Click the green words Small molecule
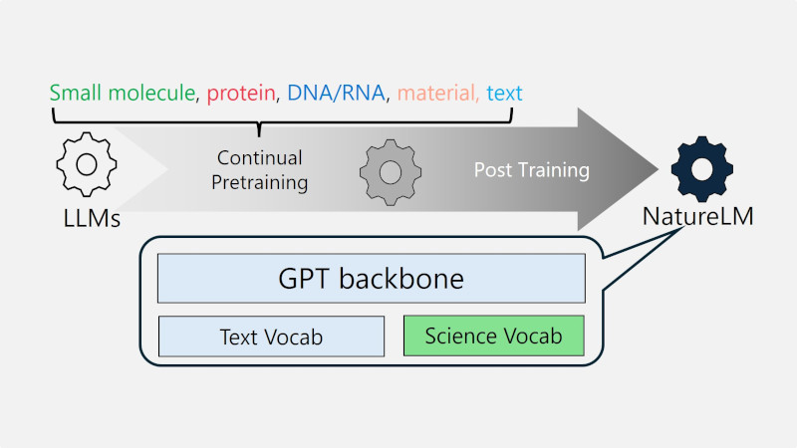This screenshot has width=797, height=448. coord(123,94)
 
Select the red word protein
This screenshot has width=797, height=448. coord(241,94)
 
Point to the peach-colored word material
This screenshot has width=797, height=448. coord(435,94)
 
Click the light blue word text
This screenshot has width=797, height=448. coord(504,94)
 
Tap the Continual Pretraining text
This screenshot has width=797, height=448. coord(261,170)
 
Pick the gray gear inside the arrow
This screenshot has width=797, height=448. coord(391,171)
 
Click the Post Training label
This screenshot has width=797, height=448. coord(531,170)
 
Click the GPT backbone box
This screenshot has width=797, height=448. coord(371,279)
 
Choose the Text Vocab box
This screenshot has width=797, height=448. coord(271,336)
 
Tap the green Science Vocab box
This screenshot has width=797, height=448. coord(493,336)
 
